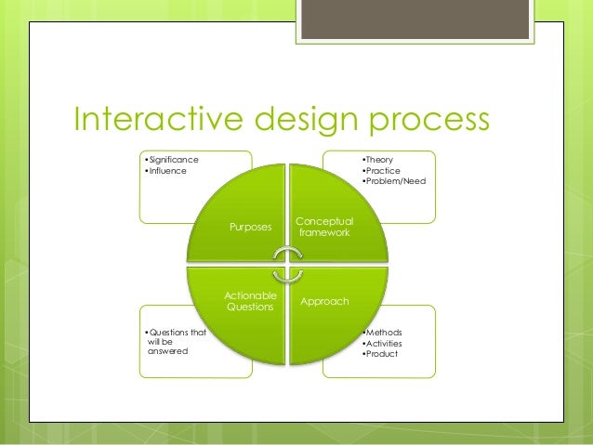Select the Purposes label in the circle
click(x=251, y=227)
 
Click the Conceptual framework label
click(x=323, y=227)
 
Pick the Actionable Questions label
click(x=250, y=302)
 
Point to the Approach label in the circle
click(x=324, y=302)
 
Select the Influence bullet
click(x=166, y=171)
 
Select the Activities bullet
click(x=384, y=343)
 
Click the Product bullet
click(x=381, y=353)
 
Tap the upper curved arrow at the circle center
click(x=288, y=255)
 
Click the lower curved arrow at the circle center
click(x=288, y=275)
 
